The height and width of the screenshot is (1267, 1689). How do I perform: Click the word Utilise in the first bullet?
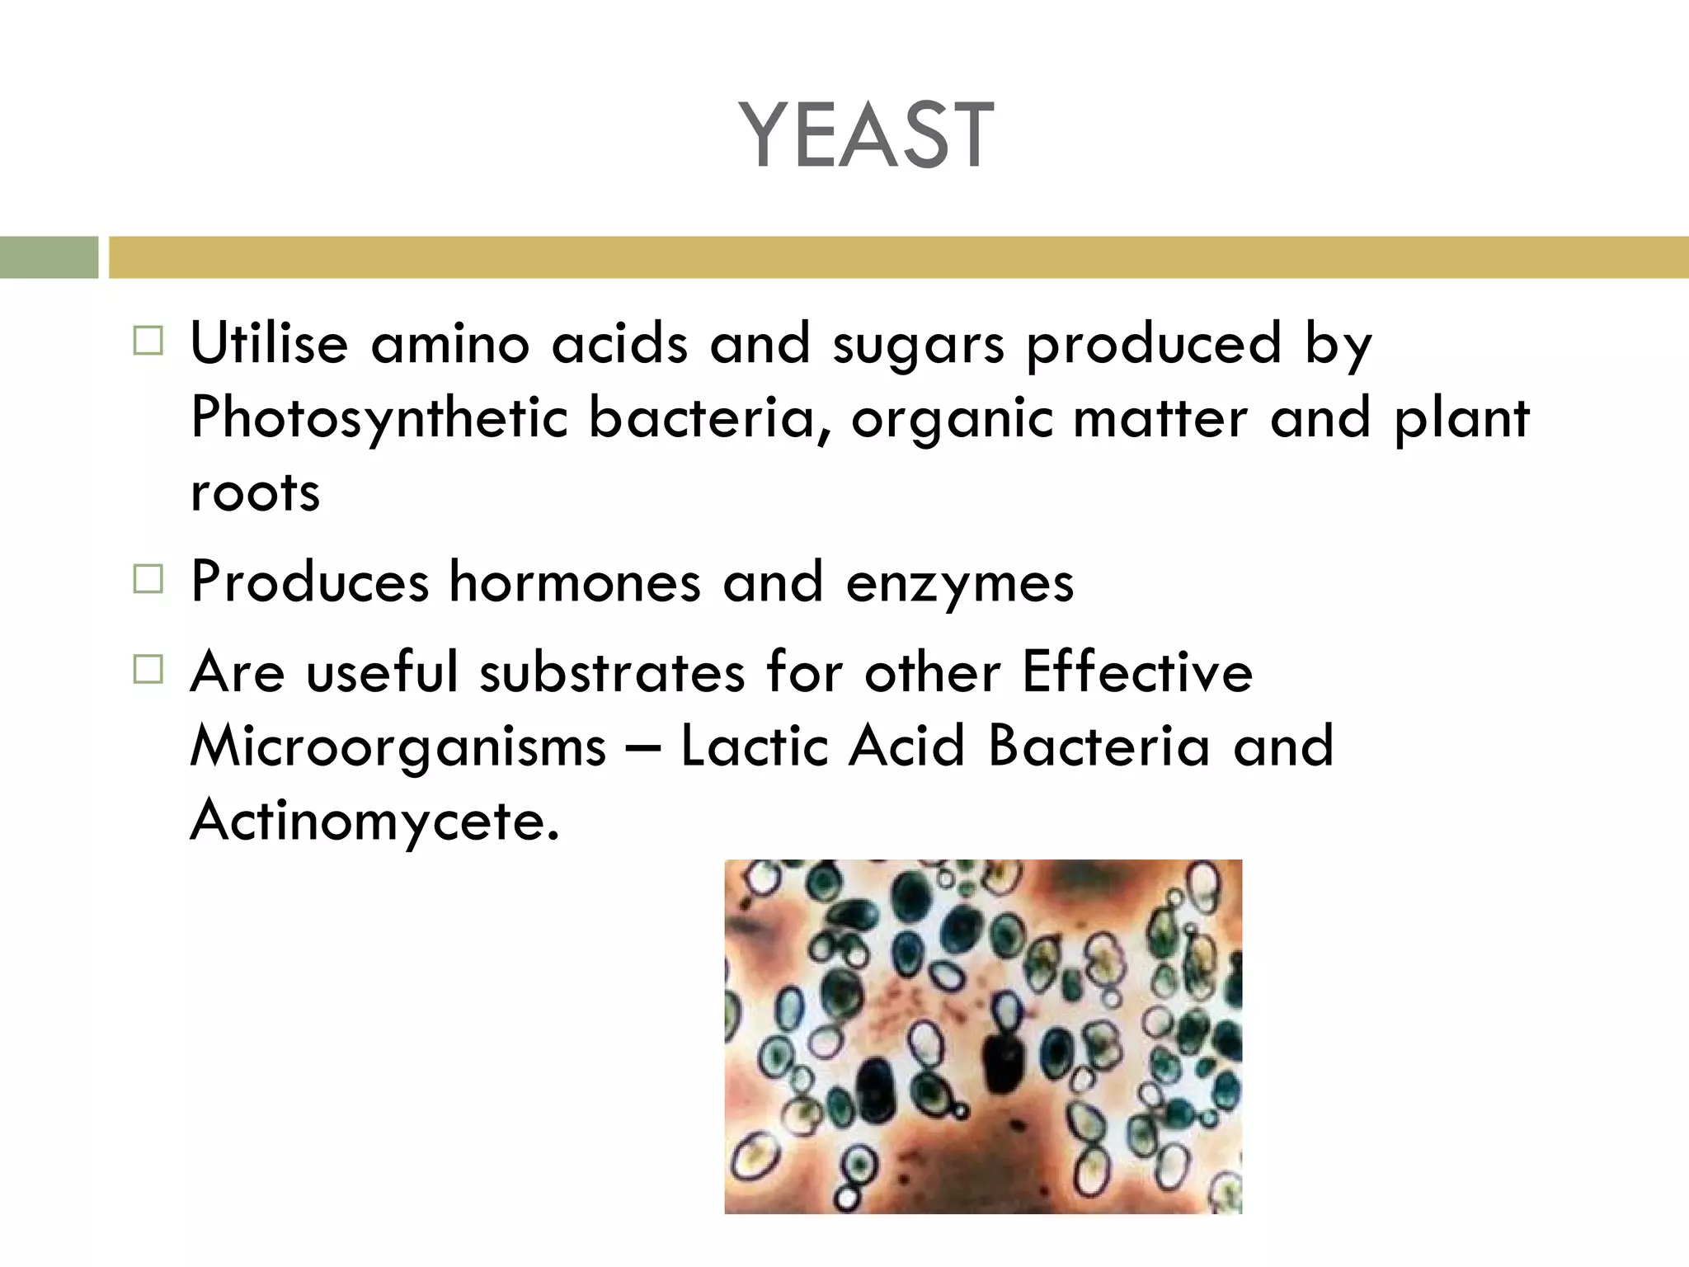tap(269, 342)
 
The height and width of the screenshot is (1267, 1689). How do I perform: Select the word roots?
tap(255, 493)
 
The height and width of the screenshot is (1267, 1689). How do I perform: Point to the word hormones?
tap(575, 582)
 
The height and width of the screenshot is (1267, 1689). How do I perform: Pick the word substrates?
tap(613, 671)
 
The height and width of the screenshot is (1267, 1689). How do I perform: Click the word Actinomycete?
tap(374, 822)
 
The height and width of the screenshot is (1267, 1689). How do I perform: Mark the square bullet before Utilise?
tap(148, 341)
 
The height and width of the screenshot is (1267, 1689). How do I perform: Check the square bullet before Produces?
tap(148, 579)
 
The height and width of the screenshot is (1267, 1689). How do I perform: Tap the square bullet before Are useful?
tap(148, 669)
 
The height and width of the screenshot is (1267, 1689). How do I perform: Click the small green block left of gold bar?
tap(49, 257)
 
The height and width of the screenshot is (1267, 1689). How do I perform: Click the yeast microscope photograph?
tap(983, 1036)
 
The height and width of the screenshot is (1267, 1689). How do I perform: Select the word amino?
tap(449, 342)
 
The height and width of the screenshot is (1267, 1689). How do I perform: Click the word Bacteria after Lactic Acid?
tap(1099, 746)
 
